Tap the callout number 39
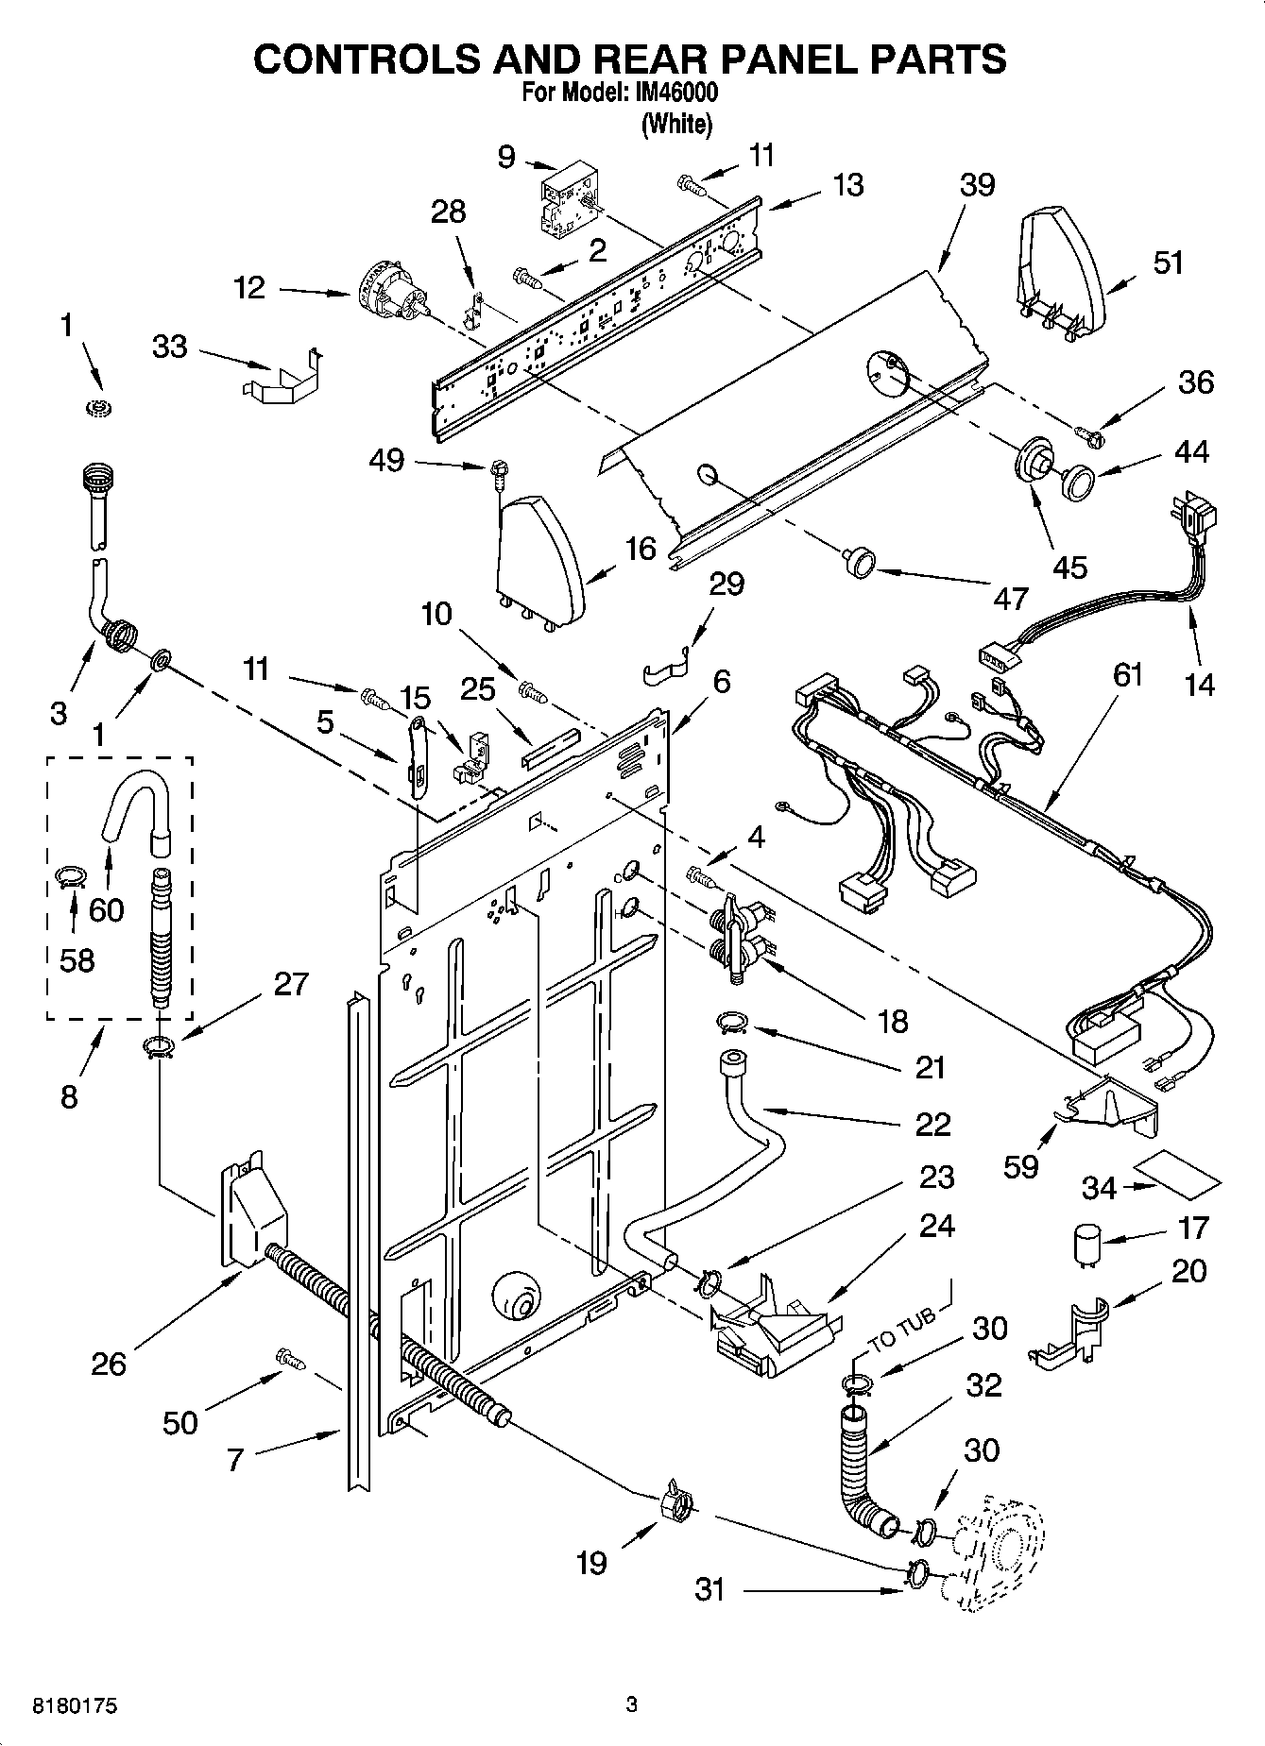click(x=977, y=184)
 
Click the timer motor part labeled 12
click(x=392, y=293)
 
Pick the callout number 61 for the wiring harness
click(x=1127, y=674)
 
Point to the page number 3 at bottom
click(x=631, y=1705)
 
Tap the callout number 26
click(x=109, y=1364)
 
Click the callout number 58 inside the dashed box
click(x=77, y=960)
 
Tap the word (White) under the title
click(x=675, y=124)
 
